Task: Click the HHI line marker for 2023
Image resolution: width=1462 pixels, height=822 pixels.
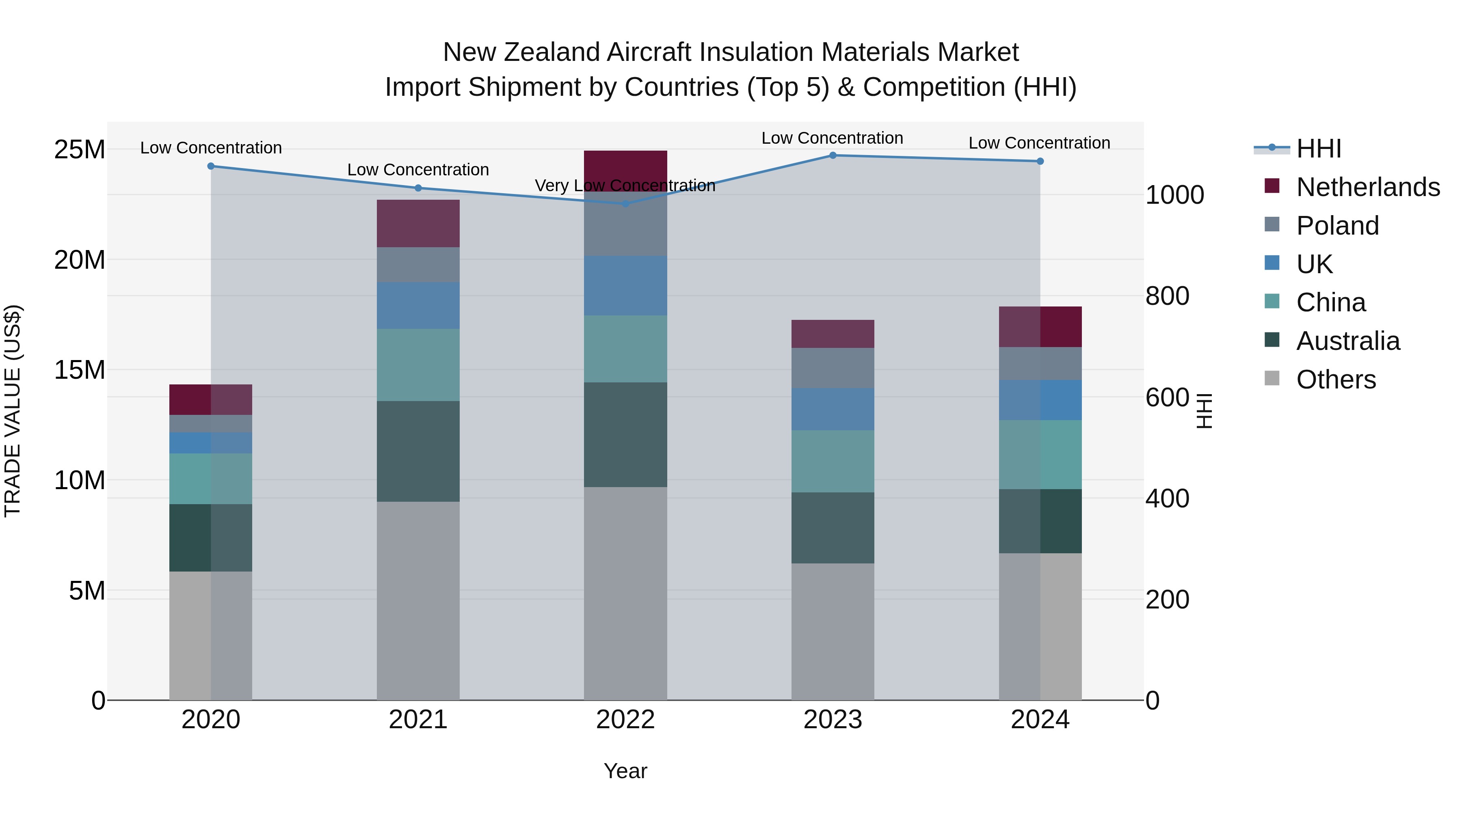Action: click(x=833, y=155)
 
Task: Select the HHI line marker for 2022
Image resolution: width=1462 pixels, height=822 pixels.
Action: click(x=625, y=203)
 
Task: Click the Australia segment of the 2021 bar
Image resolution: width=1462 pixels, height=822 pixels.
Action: click(x=418, y=451)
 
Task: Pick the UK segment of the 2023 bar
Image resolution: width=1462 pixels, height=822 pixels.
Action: click(x=833, y=409)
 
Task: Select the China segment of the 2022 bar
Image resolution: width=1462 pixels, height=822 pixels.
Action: click(x=625, y=348)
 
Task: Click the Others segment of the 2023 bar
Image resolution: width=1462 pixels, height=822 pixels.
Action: click(x=833, y=631)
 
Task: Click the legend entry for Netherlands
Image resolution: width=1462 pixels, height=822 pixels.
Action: click(x=1368, y=187)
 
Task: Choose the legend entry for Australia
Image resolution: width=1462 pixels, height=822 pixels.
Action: click(x=1348, y=341)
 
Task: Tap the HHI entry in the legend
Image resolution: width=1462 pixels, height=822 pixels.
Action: click(x=1318, y=149)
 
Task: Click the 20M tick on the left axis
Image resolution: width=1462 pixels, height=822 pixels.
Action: click(x=80, y=260)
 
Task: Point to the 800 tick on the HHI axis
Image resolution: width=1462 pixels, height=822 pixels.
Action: click(x=1167, y=296)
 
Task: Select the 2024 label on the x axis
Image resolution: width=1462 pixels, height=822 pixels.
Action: click(x=1040, y=720)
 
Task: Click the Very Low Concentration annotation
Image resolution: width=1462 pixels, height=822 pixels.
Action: click(x=625, y=186)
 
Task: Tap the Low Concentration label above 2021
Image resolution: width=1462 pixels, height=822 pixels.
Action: click(x=418, y=170)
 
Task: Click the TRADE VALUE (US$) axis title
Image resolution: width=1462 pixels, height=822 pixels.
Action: click(x=13, y=411)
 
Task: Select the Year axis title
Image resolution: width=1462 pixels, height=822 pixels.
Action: click(x=625, y=771)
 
